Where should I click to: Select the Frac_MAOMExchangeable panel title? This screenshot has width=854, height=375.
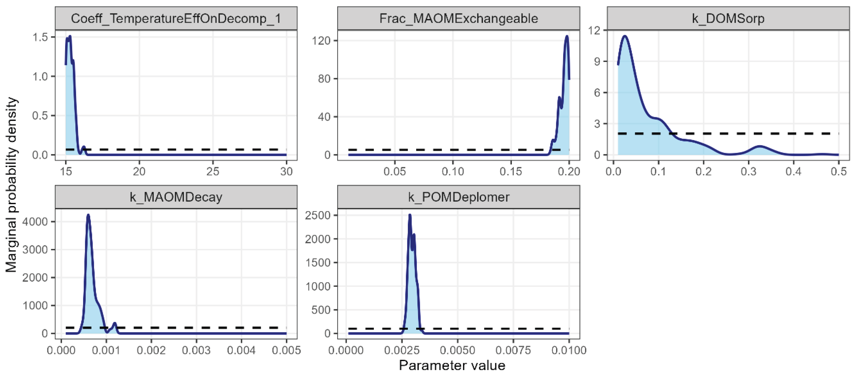coord(458,18)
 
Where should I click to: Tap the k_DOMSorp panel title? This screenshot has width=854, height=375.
coord(728,18)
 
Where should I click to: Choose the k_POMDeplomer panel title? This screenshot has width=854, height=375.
coord(458,197)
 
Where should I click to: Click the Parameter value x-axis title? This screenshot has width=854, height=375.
coord(452,365)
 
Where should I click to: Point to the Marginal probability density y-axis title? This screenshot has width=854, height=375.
coord(12,184)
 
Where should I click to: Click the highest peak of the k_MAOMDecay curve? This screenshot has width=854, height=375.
coord(88,215)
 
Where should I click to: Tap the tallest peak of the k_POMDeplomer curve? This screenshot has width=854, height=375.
coord(410,215)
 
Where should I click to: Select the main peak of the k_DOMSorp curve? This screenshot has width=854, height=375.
coord(625,36)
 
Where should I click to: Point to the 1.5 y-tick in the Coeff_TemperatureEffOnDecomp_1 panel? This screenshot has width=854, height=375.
coord(40,37)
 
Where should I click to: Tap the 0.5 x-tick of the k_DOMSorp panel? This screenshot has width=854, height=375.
coord(838,171)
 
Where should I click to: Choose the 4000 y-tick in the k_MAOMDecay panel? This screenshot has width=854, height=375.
coord(35,221)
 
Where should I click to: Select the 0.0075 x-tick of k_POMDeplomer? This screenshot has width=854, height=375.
coord(513,350)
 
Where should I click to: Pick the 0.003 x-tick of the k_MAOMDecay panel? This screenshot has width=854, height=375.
coord(196,350)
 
